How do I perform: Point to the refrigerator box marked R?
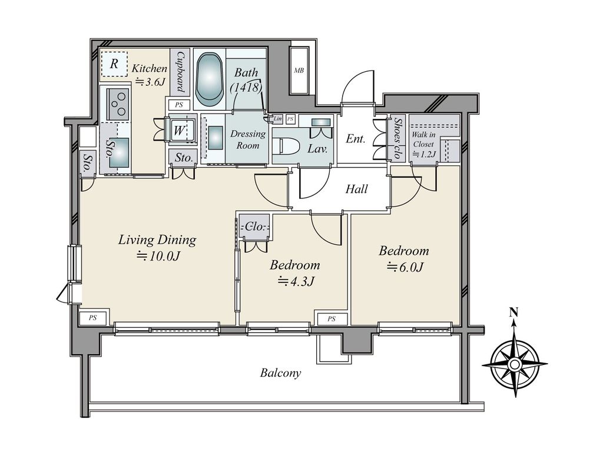tap(114, 64)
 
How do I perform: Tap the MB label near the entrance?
tap(299, 71)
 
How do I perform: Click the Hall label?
tap(356, 189)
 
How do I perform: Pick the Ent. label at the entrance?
tap(355, 138)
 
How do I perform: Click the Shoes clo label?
tap(397, 138)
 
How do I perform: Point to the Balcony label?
tap(280, 373)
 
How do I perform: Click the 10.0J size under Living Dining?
tap(159, 255)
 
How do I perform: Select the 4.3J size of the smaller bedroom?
tap(297, 281)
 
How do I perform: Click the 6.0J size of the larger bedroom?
tap(405, 267)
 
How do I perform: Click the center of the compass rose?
tap(515, 364)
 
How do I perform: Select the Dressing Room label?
tap(248, 139)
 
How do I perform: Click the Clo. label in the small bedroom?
tap(255, 227)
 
